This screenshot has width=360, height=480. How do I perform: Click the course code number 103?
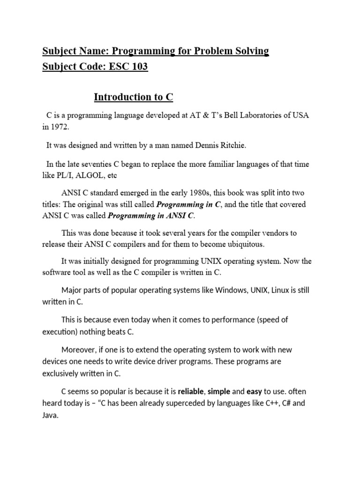pos(139,67)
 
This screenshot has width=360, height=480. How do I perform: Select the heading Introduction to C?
pos(134,97)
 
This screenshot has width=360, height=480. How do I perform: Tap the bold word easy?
pos(255,391)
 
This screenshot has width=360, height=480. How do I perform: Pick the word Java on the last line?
pos(50,415)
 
